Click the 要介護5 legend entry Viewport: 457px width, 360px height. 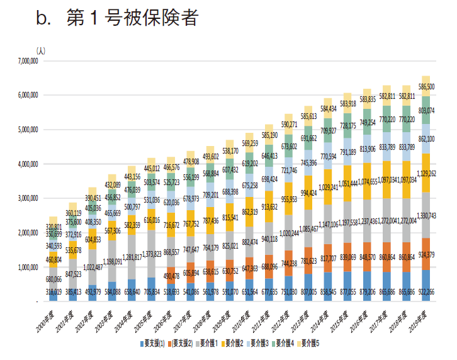click(x=311, y=344)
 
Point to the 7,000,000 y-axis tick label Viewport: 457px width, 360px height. click(x=25, y=61)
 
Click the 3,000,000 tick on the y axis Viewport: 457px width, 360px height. click(x=25, y=198)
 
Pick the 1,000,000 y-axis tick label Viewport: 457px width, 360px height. click(x=25, y=267)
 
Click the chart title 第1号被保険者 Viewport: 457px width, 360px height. click(x=132, y=18)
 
